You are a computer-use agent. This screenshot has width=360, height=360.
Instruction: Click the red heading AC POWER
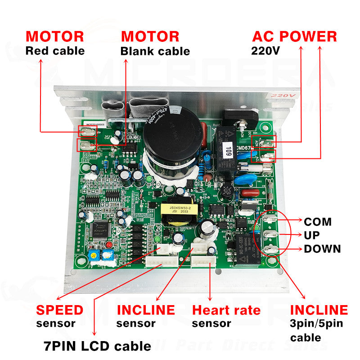[x=294, y=36]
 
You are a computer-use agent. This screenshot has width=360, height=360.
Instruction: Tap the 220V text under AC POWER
[x=266, y=51]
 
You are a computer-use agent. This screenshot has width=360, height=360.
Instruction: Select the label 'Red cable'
[x=55, y=50]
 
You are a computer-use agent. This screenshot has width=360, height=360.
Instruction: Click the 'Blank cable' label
[x=155, y=51]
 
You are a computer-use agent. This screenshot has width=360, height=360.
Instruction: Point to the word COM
[x=318, y=222]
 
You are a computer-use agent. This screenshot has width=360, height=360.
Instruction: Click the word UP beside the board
[x=313, y=235]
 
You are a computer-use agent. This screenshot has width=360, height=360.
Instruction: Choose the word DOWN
[x=322, y=249]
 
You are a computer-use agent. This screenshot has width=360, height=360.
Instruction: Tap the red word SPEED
[x=60, y=310]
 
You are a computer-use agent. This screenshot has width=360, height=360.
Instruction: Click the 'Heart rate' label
[x=226, y=310]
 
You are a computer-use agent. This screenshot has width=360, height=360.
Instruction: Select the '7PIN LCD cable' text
[x=97, y=346]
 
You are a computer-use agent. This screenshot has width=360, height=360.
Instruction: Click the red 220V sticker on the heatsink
[x=275, y=96]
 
